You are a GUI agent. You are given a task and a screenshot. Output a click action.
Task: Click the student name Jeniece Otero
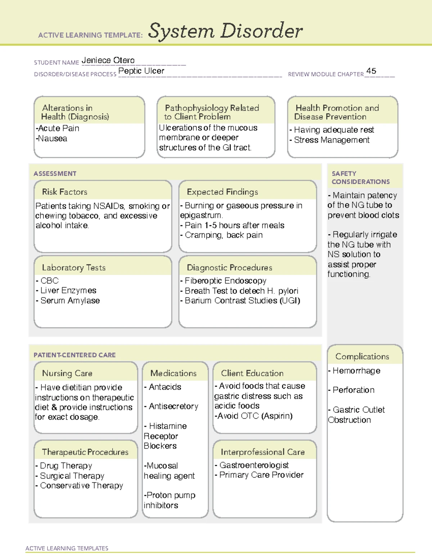108,60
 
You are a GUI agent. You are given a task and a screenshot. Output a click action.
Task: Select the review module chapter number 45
371,71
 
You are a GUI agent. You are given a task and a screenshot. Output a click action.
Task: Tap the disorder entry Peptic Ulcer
141,71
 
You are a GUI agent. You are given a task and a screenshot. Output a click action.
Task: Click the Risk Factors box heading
65,192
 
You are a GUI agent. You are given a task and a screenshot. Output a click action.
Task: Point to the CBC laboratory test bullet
49,280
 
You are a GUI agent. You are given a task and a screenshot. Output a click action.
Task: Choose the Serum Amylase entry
69,301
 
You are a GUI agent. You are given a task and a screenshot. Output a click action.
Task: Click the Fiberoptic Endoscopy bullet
225,280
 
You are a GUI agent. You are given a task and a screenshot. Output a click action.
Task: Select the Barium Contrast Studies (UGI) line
242,301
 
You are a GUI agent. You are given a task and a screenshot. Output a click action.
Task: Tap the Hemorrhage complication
356,371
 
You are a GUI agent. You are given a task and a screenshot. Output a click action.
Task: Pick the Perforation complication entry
353,390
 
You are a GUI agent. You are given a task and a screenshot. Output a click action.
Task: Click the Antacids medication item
165,387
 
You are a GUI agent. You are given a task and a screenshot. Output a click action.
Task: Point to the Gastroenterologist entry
253,465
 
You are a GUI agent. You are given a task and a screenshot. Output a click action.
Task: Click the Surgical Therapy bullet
72,476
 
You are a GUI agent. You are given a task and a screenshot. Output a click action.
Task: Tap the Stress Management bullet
331,140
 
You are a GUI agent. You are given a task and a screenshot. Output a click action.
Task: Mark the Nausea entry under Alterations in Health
52,139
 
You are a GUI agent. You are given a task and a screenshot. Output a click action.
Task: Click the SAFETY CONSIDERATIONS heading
360,177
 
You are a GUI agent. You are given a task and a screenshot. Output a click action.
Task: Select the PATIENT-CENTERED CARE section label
75,355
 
